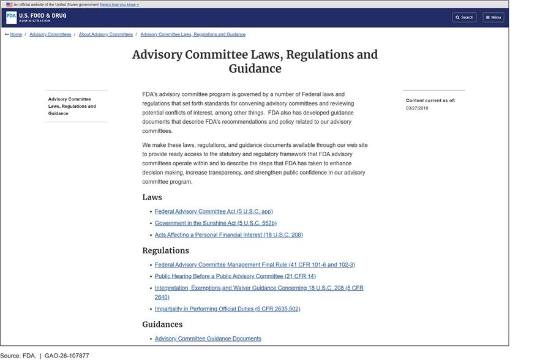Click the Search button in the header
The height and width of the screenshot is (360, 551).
(x=464, y=17)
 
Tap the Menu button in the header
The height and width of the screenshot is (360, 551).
(x=493, y=17)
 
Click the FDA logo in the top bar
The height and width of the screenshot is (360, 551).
(x=11, y=17)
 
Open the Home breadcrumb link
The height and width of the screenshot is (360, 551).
(x=16, y=34)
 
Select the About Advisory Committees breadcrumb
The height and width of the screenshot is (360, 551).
(x=106, y=34)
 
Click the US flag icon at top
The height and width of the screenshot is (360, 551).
(x=9, y=4)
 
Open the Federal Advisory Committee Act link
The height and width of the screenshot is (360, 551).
(x=214, y=212)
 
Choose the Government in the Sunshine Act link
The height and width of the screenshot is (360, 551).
(x=216, y=223)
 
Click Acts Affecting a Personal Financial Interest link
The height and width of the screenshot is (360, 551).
(x=228, y=235)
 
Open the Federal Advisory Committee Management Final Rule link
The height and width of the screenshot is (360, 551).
(x=255, y=265)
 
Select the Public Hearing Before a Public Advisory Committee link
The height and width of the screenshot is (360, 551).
(x=235, y=277)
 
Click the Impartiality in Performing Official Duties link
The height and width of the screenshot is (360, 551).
(x=227, y=309)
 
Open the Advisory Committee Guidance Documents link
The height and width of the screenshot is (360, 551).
(x=208, y=339)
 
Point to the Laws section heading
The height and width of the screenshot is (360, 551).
(x=152, y=197)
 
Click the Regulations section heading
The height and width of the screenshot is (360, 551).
(x=165, y=250)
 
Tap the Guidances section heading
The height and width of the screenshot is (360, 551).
(x=162, y=324)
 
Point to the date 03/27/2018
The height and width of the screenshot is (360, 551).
(x=417, y=108)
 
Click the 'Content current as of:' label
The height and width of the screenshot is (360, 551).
(x=430, y=100)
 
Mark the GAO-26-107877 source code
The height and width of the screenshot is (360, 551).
(x=67, y=356)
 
